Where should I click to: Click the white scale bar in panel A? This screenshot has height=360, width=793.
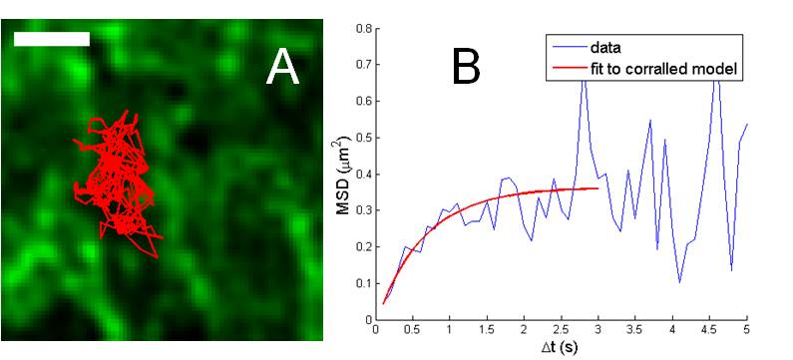point(52,39)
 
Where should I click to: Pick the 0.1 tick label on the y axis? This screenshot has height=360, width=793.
point(362,284)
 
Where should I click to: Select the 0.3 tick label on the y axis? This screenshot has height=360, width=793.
point(362,210)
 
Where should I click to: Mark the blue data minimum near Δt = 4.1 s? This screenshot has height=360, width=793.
point(680,283)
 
